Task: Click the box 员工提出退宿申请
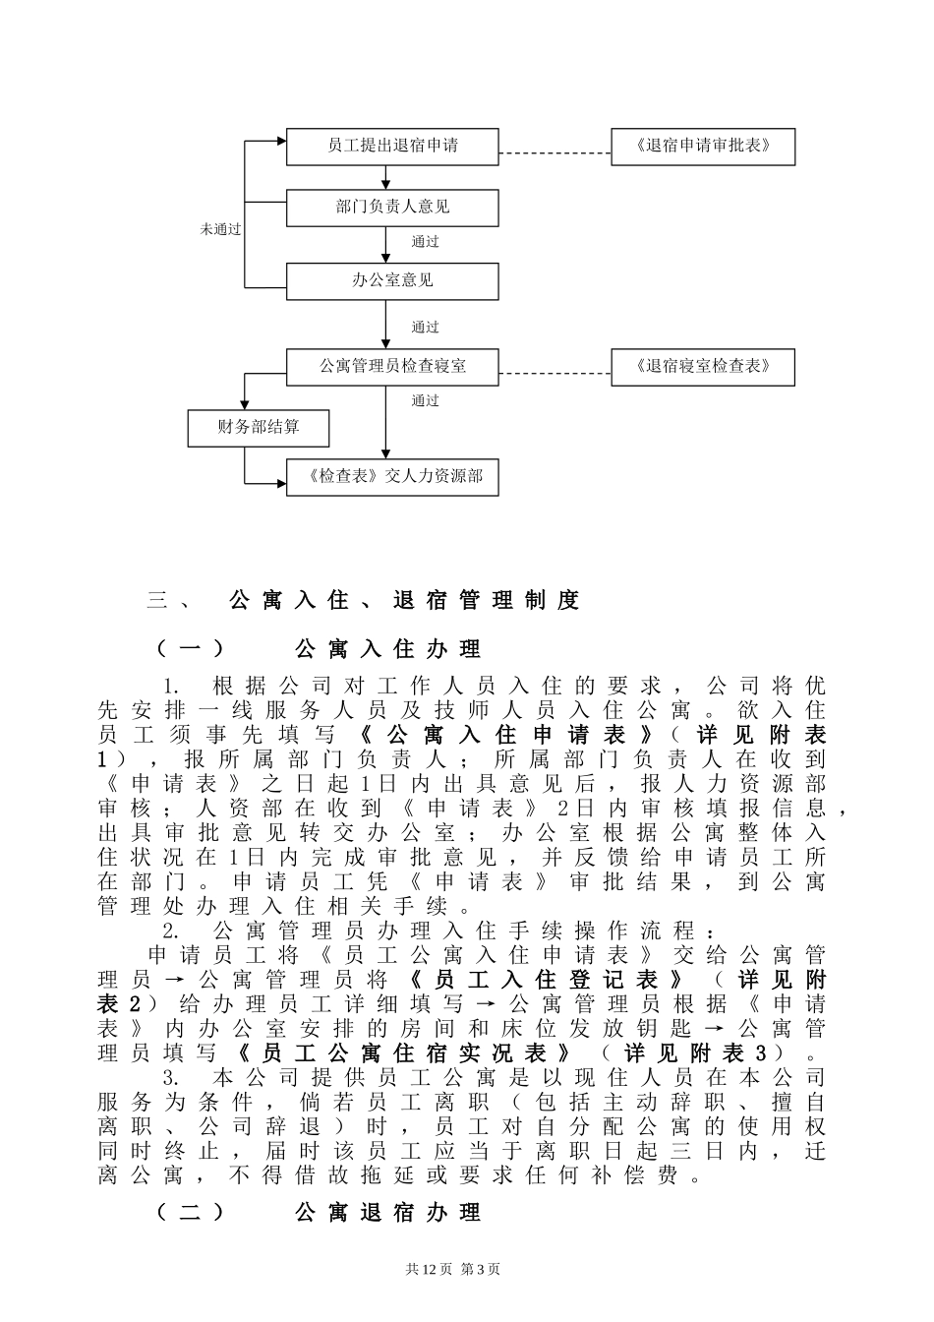tap(392, 147)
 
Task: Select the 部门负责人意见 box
tap(392, 208)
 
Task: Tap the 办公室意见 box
tap(392, 280)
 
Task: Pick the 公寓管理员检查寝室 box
tap(392, 366)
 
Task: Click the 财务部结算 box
tap(259, 428)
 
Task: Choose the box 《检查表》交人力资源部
tap(392, 477)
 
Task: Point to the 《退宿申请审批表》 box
tap(702, 147)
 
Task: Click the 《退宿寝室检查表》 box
tap(702, 366)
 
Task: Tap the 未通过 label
tap(221, 229)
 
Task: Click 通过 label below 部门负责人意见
tap(425, 242)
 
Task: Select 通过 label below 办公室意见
tap(425, 328)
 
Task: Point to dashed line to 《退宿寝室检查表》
tap(555, 374)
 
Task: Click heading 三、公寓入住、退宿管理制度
tap(364, 600)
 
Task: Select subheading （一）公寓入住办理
tap(320, 649)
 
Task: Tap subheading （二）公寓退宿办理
tap(320, 1213)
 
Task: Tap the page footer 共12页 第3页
tap(452, 1269)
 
